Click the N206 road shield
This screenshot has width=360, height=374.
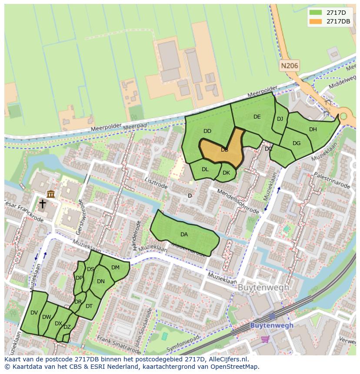(x=290, y=66)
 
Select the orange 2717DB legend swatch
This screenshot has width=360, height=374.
(x=316, y=21)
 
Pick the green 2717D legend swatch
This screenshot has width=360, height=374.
(x=316, y=13)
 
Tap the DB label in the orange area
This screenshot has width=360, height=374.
(x=224, y=150)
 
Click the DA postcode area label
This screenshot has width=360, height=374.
(x=184, y=235)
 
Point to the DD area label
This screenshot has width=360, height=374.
(x=207, y=131)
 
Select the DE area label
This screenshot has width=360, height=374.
(x=257, y=117)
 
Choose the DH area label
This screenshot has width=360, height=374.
(x=313, y=129)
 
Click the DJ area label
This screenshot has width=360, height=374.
(x=280, y=119)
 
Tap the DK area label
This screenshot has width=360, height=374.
(x=226, y=173)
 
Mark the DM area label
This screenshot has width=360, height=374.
(x=115, y=268)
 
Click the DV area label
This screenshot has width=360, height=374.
(x=34, y=313)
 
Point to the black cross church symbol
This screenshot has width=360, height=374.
(x=43, y=204)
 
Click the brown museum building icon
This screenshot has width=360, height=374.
(x=50, y=194)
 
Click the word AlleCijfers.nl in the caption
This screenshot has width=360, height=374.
(x=226, y=359)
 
